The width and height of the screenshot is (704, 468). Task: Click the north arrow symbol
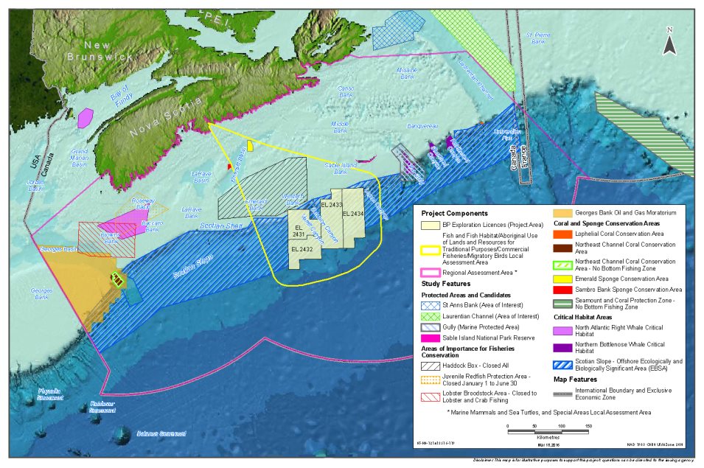click(669, 43)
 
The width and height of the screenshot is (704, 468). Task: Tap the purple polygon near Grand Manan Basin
click(86, 117)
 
